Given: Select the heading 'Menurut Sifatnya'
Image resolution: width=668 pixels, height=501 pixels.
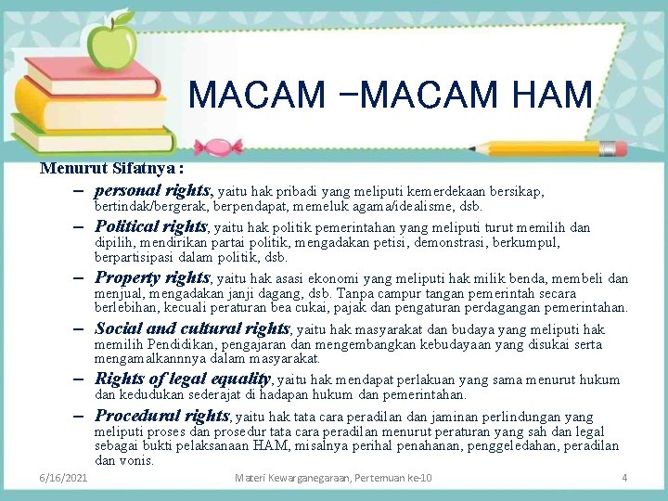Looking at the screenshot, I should coord(110,169).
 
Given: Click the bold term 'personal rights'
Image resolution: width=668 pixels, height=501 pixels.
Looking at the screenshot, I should coord(153,190).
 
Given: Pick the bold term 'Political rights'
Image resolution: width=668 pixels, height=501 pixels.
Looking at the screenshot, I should coord(151,226).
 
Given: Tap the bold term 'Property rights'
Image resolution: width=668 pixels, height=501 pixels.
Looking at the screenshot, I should coord(153,277).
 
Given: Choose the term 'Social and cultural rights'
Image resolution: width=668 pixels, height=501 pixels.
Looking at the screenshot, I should coord(193,328).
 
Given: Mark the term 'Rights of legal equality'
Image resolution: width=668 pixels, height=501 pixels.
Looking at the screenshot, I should coord(184,378).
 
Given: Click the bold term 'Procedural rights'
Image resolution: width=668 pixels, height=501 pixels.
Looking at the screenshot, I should coord(161,416).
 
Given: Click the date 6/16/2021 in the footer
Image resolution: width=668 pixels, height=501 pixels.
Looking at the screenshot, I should coord(64,478).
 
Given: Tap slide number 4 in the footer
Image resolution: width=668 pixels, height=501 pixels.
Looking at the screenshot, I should coord(624,478).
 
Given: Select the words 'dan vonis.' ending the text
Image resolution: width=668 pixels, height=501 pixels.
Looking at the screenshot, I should coord(124,460).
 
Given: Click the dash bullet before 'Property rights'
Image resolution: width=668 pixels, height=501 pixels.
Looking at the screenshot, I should coord(82,278).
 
